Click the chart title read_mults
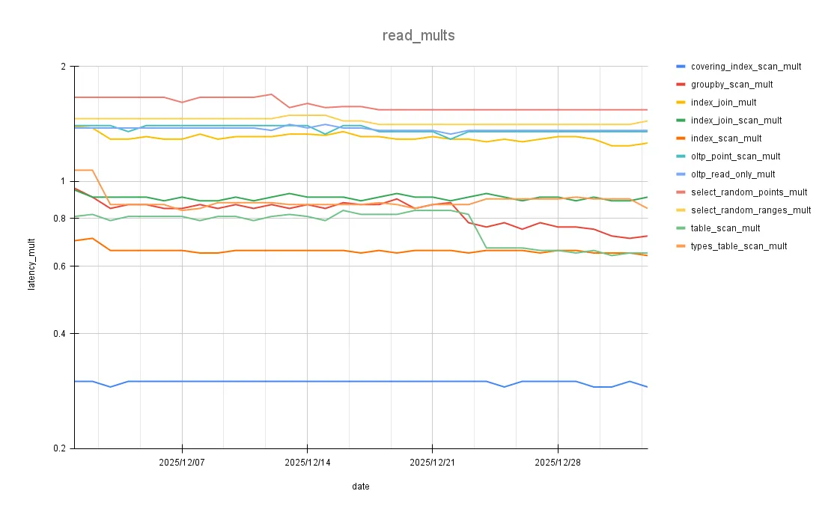tap(418, 35)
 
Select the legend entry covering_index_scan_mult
tap(746, 67)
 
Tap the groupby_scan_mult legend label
tap(731, 85)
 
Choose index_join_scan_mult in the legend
tap(736, 121)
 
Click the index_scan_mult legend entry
tap(726, 138)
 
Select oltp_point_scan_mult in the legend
tap(735, 156)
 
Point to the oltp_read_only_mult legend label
tap(733, 174)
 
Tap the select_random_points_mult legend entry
tap(749, 192)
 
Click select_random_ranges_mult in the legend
tap(751, 210)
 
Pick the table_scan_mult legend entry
tap(725, 228)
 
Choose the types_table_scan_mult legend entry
tap(739, 246)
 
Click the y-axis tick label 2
tap(62, 67)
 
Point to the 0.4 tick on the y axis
tap(58, 334)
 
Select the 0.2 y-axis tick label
tap(58, 448)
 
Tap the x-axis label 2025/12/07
tap(181, 463)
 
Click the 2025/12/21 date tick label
tap(432, 463)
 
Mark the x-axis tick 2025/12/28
tap(557, 463)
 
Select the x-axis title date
tap(360, 487)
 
